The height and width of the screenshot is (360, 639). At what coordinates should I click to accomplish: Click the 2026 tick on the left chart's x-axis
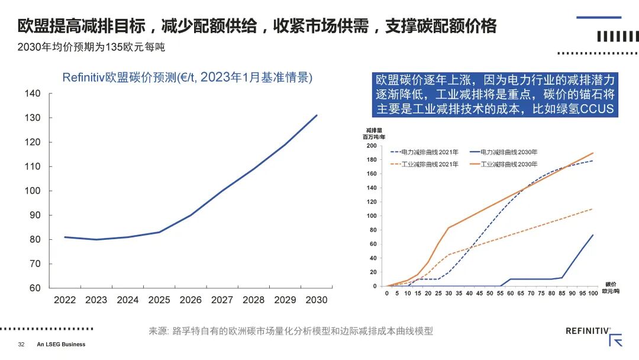click(191, 300)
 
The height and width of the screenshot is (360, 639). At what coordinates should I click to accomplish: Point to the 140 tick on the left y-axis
click(33, 94)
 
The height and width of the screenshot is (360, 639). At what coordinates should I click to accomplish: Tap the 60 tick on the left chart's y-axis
click(35, 288)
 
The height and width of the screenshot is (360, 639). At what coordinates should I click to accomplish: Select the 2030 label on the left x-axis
click(317, 300)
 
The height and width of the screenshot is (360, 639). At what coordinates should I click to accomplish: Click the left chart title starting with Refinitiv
click(188, 78)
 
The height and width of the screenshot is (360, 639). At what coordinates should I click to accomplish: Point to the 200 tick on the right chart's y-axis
click(371, 146)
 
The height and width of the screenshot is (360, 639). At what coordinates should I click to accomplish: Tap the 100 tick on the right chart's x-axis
click(592, 293)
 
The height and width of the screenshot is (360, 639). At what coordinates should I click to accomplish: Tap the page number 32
click(21, 345)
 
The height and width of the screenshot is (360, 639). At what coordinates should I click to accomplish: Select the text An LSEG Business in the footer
click(61, 345)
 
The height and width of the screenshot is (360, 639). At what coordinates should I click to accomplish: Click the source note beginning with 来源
click(291, 331)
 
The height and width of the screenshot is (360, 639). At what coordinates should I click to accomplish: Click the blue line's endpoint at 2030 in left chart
click(317, 115)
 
